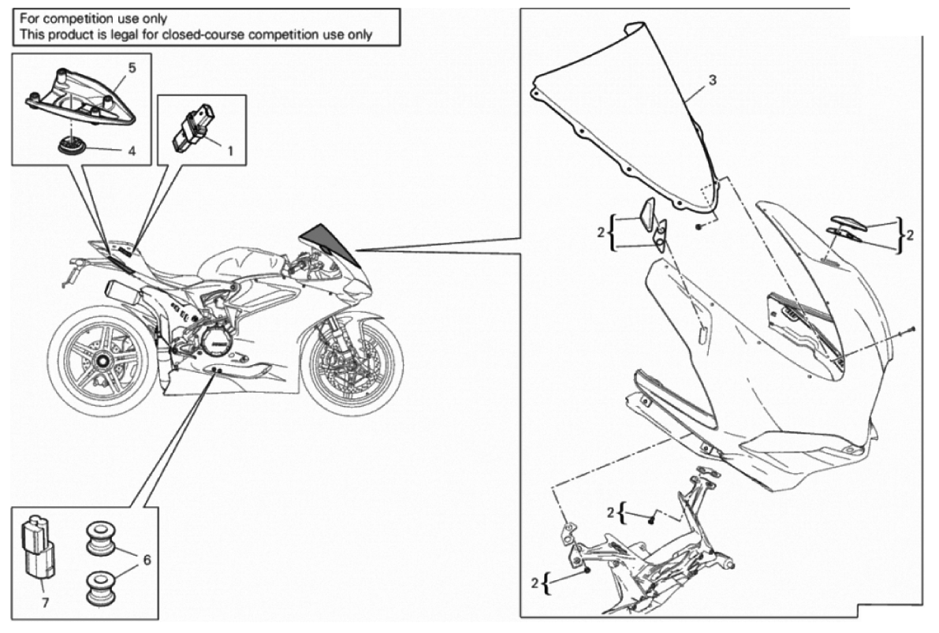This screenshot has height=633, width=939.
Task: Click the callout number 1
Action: [230, 150]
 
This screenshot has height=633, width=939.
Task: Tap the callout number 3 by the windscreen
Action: [712, 80]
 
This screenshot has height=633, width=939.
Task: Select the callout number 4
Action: [132, 150]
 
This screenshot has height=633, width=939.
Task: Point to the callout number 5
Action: [132, 68]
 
